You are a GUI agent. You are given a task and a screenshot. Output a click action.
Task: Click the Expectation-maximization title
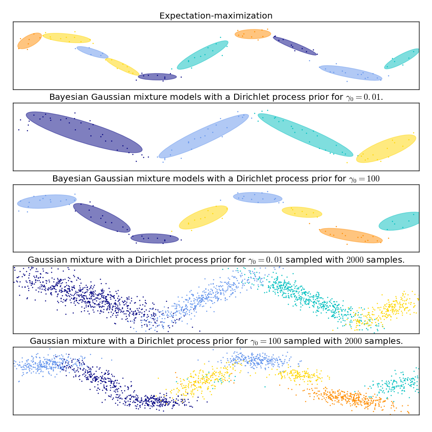point(216,16)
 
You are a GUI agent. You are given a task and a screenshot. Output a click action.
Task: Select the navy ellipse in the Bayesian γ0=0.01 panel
point(84,132)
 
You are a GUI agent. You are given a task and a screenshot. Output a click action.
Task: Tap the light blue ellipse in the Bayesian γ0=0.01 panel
point(203,136)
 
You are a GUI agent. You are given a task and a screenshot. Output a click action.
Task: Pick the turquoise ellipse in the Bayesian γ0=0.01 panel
point(305,135)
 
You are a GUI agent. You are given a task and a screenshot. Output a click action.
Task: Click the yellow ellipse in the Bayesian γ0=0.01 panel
point(386,149)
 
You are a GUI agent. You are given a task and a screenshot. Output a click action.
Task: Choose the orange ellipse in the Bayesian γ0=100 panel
point(351,235)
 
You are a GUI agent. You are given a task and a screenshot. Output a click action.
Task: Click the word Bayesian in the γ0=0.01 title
point(68,97)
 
